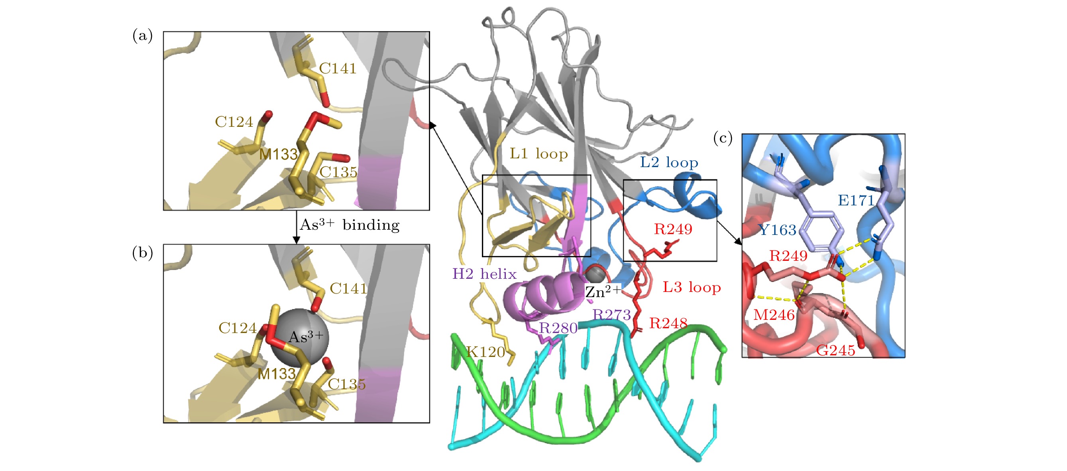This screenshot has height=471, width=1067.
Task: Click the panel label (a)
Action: point(142,35)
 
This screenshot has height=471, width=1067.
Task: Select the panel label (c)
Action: point(723,138)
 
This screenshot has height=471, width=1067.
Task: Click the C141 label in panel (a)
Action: point(338,69)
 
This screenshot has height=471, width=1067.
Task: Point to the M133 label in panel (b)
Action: point(277,374)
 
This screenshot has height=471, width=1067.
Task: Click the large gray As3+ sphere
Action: point(300,337)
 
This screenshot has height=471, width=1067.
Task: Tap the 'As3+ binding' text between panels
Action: point(350,224)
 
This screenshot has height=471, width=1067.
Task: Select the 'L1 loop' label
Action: point(538,154)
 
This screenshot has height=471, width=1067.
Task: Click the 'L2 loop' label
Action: point(669,162)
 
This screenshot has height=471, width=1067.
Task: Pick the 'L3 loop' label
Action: point(692,287)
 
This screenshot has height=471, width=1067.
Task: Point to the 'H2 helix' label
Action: point(484,274)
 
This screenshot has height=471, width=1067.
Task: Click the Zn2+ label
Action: point(603,291)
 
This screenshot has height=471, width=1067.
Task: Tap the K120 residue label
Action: point(485,352)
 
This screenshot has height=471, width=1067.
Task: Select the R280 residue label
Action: point(558,328)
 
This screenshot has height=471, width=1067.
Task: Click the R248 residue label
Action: point(668,323)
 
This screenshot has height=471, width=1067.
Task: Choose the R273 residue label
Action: point(612,315)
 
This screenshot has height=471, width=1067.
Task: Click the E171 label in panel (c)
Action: point(856,200)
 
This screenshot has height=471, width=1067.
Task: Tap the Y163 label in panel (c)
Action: point(778,230)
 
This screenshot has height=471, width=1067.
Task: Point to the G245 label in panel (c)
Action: point(835,350)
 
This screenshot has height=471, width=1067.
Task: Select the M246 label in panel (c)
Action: point(774,315)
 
